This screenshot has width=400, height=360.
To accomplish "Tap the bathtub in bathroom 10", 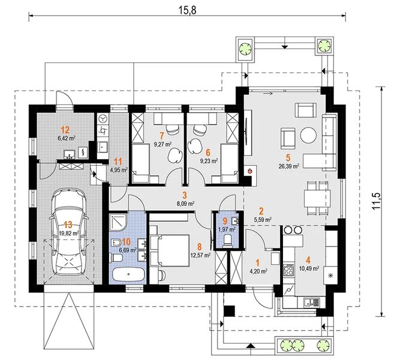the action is pyautogui.click(x=128, y=274).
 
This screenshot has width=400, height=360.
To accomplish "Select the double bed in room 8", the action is pyautogui.click(x=170, y=251).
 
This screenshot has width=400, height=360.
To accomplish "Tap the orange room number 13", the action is pyautogui.click(x=68, y=225).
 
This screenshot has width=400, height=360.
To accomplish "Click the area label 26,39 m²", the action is pyautogui.click(x=289, y=166).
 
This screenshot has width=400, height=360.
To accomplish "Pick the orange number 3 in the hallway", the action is pyautogui.click(x=185, y=196).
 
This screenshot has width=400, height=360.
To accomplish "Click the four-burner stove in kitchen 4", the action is pyautogui.click(x=289, y=269).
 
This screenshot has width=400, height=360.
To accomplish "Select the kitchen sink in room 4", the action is pyautogui.click(x=311, y=303).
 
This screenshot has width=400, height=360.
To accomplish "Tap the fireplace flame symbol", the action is pyautogui.click(x=249, y=171).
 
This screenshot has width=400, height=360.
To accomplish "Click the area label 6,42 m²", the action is pyautogui.click(x=67, y=139).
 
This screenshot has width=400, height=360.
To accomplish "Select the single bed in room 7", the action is pyautogui.click(x=140, y=163).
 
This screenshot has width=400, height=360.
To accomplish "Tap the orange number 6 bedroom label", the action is pyautogui.click(x=208, y=153).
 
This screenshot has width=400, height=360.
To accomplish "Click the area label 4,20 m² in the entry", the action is pyautogui.click(x=258, y=271).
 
